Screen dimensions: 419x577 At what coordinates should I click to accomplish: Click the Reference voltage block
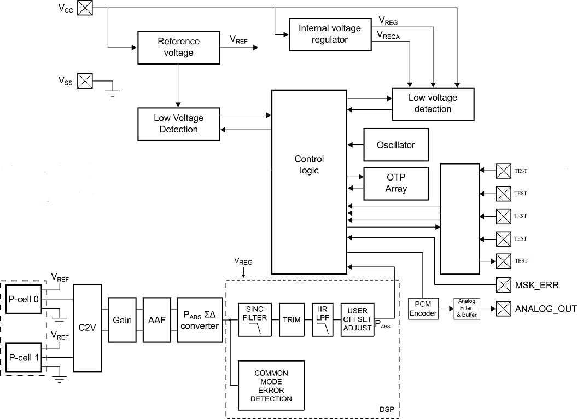[x=178, y=47]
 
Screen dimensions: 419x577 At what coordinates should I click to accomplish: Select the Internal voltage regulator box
[x=330, y=34]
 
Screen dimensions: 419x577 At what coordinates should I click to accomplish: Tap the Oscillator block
[x=395, y=145]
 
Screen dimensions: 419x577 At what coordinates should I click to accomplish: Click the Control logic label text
[x=309, y=165]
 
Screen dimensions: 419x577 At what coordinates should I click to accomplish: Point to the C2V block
[x=88, y=328]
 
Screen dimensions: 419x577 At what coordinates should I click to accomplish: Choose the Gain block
[x=122, y=320]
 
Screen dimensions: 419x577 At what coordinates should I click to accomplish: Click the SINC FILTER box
[x=255, y=319]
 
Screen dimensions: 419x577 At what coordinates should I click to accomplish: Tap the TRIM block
[x=292, y=319]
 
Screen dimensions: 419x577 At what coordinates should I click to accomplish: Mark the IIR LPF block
[x=322, y=319]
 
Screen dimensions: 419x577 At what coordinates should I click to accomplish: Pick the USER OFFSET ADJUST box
[x=357, y=319]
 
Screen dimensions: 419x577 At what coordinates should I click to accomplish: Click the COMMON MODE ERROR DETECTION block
[x=271, y=386]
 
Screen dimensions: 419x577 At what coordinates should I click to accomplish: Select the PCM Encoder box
[x=423, y=309]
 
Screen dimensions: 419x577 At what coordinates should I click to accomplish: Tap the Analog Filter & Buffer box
[x=467, y=309]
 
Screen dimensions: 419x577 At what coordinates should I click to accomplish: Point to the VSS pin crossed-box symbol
[x=85, y=81]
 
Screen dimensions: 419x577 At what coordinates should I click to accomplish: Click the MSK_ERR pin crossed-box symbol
[x=503, y=285]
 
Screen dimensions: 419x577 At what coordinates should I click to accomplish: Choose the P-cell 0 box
[x=24, y=299]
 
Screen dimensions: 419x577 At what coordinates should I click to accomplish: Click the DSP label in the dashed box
[x=387, y=410]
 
